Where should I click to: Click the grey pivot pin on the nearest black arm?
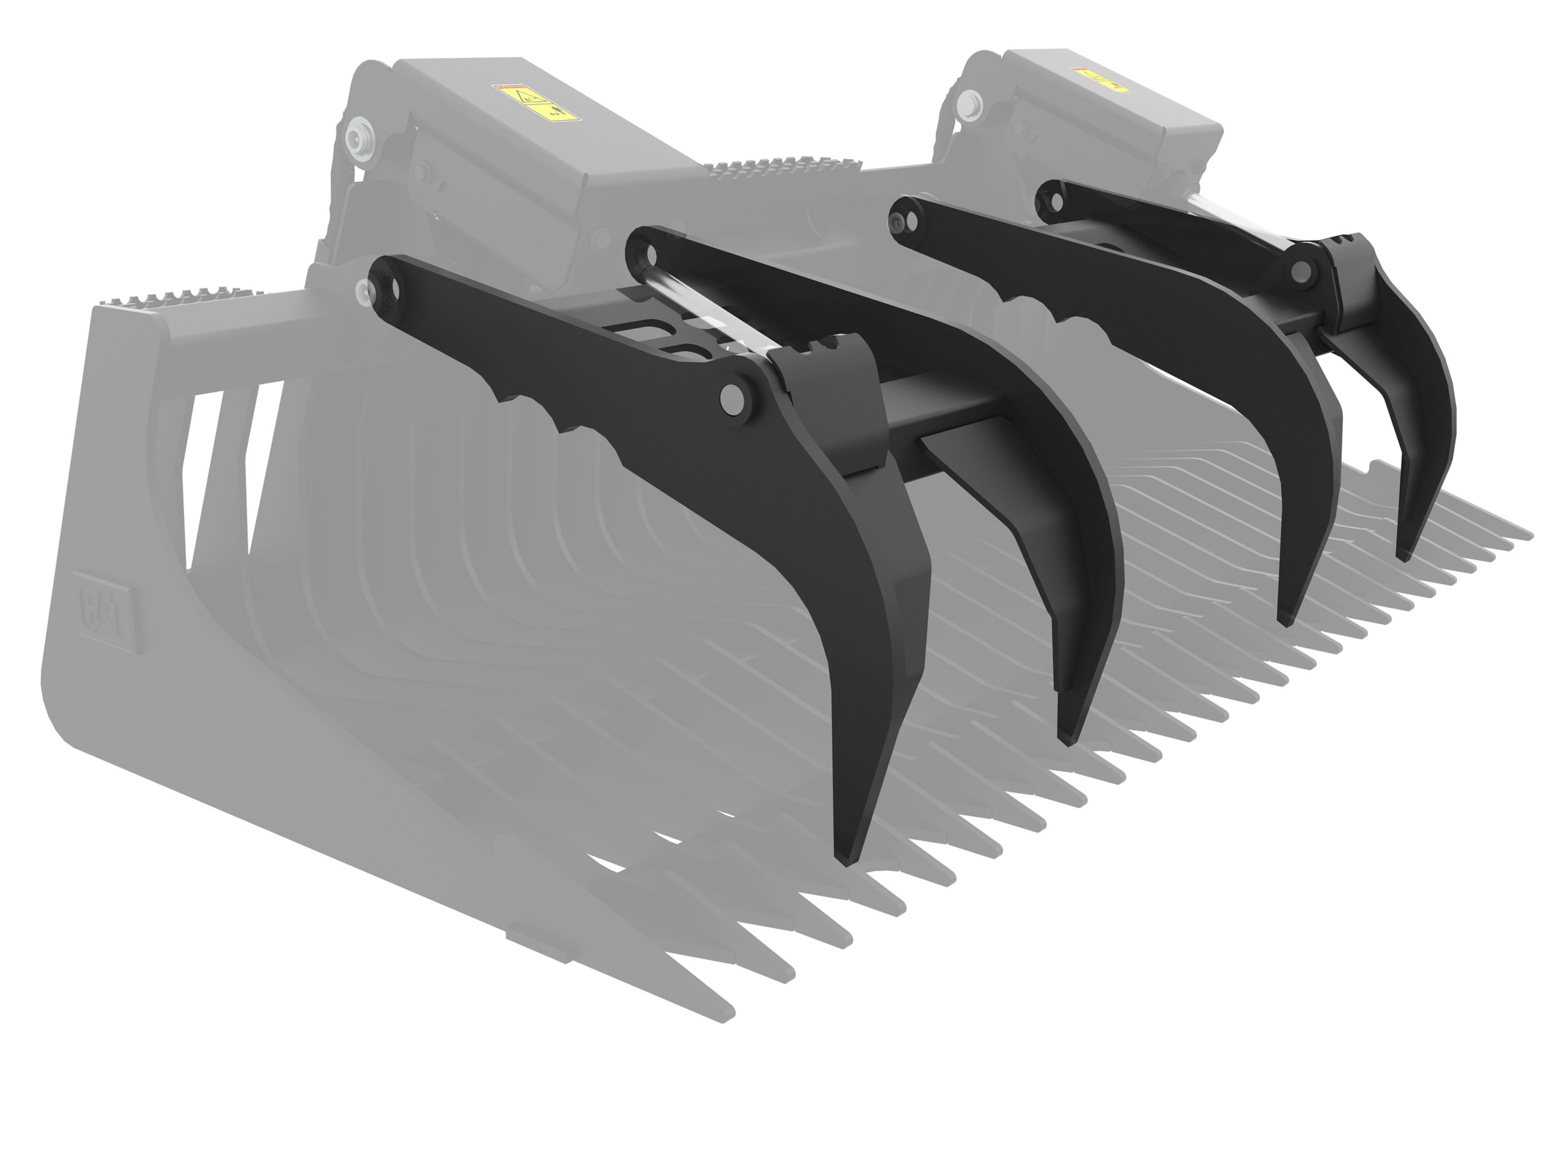(736, 401)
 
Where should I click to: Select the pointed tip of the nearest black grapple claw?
(841, 861)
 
